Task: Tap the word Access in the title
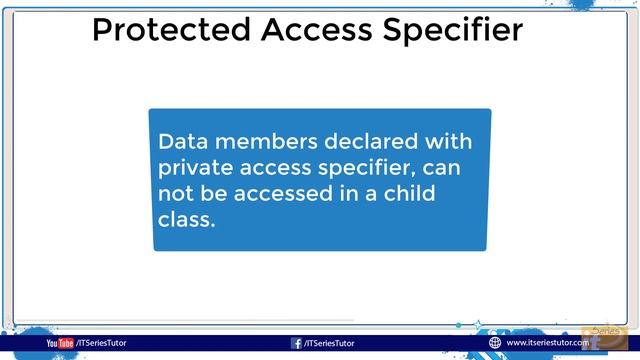(310, 30)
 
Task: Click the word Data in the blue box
(180, 141)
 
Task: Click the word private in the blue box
(195, 167)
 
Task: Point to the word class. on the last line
(186, 219)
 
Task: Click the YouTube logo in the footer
(59, 343)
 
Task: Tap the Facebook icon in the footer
(296, 343)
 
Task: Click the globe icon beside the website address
(494, 343)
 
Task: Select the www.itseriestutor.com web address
(547, 343)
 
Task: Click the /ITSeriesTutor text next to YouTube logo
(101, 343)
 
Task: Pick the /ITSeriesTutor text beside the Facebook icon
(329, 343)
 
